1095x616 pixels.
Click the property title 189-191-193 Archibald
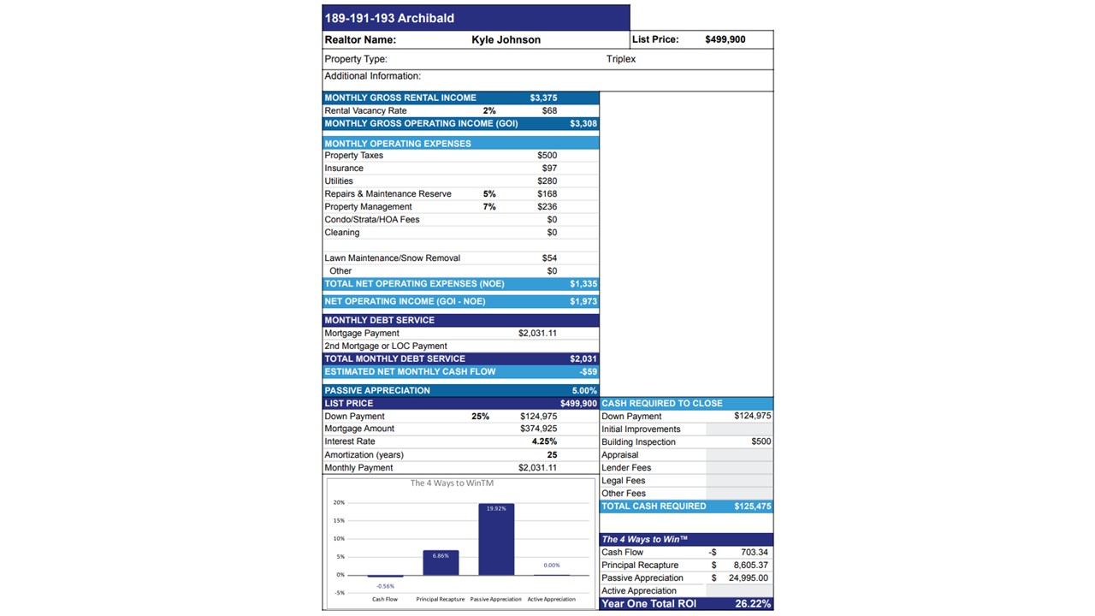point(389,18)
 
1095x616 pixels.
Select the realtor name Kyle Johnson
point(506,39)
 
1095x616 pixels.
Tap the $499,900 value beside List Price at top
point(725,39)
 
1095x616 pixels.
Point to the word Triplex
point(621,59)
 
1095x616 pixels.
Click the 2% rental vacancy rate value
point(489,110)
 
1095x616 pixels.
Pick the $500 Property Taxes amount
point(547,156)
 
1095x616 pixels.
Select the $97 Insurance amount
point(549,169)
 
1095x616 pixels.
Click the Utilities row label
point(339,181)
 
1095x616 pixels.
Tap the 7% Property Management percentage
point(489,207)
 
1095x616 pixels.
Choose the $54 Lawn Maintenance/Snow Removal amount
point(549,258)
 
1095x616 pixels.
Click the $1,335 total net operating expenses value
point(583,284)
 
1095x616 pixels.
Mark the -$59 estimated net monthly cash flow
point(588,372)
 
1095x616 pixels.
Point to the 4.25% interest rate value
point(544,441)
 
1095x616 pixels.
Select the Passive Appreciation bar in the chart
point(496,541)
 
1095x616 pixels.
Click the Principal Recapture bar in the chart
point(441,563)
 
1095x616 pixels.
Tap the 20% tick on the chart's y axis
point(340,502)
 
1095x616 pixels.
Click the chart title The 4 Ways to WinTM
point(452,483)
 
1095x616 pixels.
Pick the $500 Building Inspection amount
point(761,441)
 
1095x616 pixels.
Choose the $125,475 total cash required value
point(752,506)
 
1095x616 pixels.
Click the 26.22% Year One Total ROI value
point(753,604)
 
